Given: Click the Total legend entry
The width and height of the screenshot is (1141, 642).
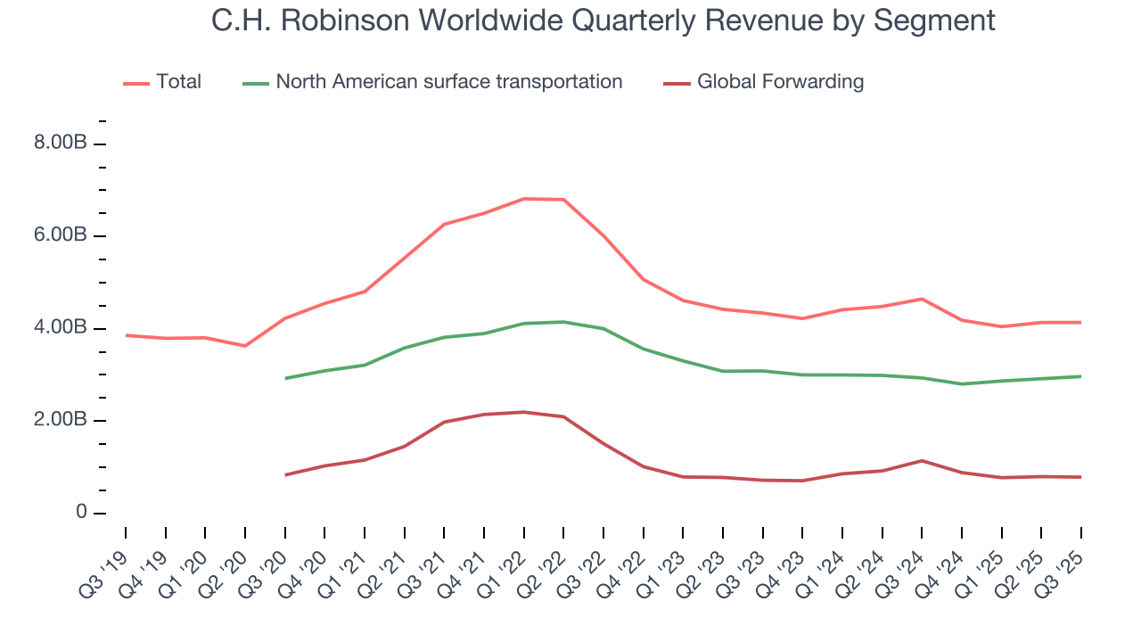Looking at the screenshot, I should (177, 82).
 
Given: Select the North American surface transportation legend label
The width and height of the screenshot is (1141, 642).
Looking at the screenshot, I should (448, 82).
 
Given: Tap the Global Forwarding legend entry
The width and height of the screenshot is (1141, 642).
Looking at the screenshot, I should (780, 82).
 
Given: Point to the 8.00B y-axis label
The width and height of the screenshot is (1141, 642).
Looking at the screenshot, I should (60, 144).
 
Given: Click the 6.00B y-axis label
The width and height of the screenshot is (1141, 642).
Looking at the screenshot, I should (60, 236).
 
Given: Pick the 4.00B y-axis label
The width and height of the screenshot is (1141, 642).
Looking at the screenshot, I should (60, 328).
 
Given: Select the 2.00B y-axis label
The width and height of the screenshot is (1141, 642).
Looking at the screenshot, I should (60, 420).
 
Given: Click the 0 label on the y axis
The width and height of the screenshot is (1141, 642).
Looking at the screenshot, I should (81, 513).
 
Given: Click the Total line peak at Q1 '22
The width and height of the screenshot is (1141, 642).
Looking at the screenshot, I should (524, 199).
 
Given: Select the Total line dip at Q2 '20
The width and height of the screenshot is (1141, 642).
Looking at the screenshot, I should (245, 346).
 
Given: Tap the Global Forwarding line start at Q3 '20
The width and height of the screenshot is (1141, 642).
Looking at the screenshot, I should (285, 474).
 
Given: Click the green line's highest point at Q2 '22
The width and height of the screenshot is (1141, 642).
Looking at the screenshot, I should (564, 322).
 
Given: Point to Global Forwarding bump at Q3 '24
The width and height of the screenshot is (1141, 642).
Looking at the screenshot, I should (922, 460).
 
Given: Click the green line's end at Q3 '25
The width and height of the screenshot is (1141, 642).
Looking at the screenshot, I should (1080, 376).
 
